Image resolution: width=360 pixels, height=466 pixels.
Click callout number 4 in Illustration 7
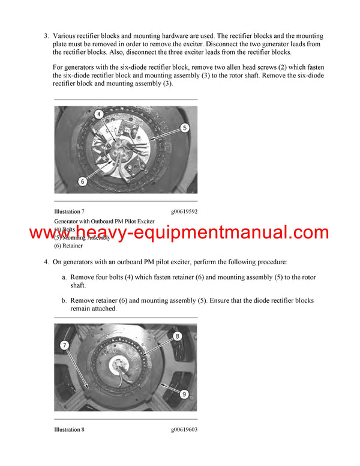[x=99, y=114]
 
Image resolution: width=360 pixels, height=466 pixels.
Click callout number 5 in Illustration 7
[x=185, y=127]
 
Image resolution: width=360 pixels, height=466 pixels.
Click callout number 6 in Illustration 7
[x=82, y=180]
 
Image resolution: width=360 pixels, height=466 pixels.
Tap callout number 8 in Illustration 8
[x=178, y=336]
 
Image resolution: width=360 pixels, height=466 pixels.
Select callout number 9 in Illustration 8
[x=185, y=394]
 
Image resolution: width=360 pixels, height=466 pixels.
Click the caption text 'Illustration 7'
[x=69, y=211]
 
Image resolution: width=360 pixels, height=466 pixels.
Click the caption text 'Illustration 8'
[x=69, y=429]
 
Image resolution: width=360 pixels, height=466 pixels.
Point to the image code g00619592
[x=184, y=211]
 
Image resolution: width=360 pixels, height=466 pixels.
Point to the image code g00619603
[x=184, y=429]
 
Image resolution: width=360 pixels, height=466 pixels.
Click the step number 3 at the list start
[x=46, y=36]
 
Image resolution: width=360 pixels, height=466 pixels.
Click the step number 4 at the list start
[x=46, y=262]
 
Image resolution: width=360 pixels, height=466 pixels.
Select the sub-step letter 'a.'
[x=64, y=277]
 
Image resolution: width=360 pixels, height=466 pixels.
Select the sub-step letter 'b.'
[x=64, y=300]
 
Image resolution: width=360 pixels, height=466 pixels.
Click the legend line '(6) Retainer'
[x=68, y=246]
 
